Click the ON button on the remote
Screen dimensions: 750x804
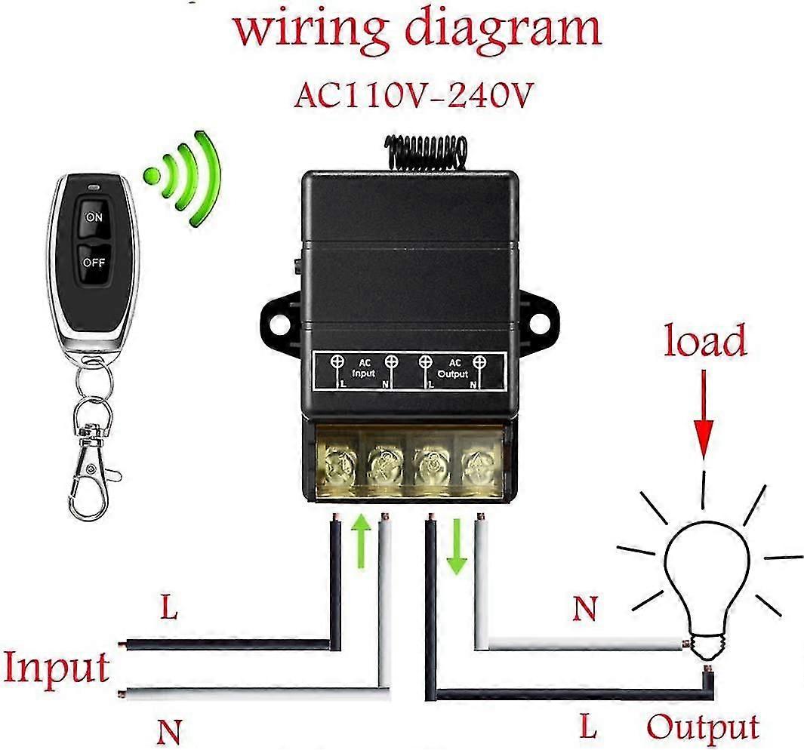click(94, 217)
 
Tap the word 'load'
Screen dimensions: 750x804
click(705, 341)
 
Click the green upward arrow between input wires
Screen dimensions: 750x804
click(362, 542)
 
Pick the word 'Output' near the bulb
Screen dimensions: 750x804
click(703, 727)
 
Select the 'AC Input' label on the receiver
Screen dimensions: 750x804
click(363, 368)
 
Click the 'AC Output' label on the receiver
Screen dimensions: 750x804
click(453, 368)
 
